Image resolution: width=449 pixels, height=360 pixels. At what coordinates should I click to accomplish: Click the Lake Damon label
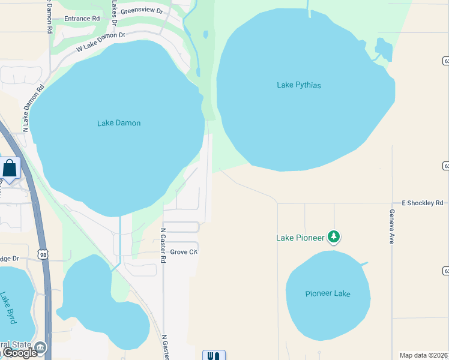[119, 123]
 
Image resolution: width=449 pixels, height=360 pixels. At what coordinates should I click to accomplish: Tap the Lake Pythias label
[298, 85]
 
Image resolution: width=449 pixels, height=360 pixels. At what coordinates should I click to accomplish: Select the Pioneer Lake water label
[327, 293]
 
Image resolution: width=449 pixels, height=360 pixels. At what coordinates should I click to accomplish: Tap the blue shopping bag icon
[10, 169]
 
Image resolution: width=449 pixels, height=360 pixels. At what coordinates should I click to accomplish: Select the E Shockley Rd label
[423, 203]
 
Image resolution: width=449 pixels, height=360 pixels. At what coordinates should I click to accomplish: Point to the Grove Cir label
[184, 252]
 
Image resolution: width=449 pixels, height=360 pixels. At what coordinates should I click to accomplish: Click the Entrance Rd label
[83, 19]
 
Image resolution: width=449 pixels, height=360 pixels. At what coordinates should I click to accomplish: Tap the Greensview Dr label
[141, 11]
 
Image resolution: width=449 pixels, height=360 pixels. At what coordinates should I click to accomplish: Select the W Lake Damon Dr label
[100, 43]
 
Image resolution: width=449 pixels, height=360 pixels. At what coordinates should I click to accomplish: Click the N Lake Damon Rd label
[34, 108]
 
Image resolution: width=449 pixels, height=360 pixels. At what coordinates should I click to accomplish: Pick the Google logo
[19, 353]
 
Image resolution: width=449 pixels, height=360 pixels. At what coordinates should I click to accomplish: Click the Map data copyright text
[423, 355]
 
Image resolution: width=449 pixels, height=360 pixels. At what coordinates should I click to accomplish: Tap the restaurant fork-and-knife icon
[214, 355]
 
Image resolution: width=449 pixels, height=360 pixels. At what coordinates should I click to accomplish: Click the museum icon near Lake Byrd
[40, 347]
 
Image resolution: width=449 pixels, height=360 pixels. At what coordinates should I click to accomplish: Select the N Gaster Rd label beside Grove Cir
[163, 245]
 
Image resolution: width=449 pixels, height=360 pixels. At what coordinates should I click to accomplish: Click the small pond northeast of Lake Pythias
[383, 49]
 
